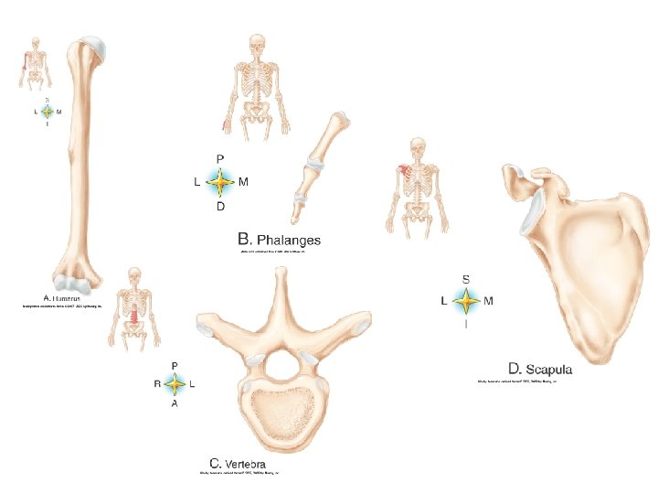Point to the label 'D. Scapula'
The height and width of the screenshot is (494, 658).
(x=541, y=369)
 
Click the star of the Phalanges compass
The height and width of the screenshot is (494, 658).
(x=219, y=182)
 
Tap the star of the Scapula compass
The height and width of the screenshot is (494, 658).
(x=466, y=300)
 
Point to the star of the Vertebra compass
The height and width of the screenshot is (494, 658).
(x=175, y=385)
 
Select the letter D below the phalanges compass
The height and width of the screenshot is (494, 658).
(x=220, y=207)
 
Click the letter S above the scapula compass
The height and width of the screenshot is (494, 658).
(x=466, y=278)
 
